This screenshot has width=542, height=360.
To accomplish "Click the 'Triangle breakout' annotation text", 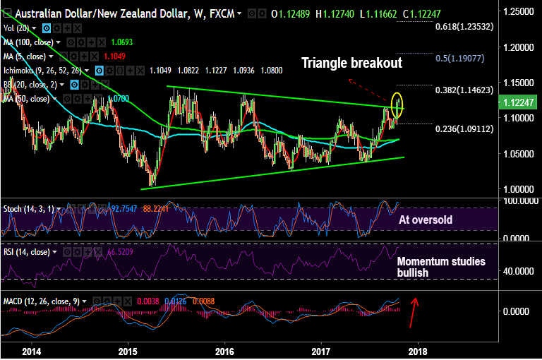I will [351, 63].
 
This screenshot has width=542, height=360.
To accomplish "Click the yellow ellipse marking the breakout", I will [397, 104].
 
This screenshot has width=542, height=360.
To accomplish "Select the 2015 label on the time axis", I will [128, 351].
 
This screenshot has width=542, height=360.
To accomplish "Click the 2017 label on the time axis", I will [321, 351].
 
